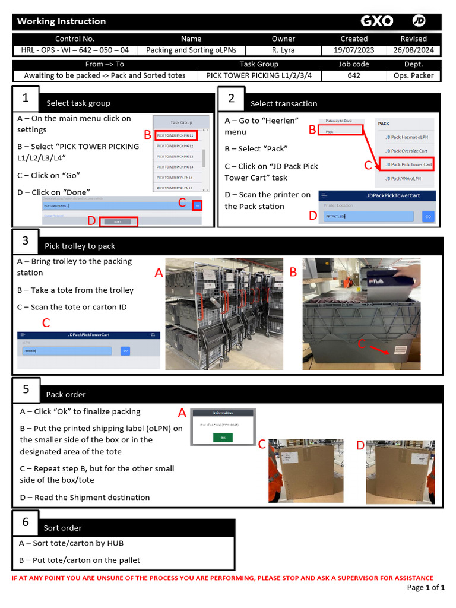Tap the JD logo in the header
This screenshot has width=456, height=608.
(x=419, y=21)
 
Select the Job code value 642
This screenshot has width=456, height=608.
(x=354, y=75)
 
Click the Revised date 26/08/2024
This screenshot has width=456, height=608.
(x=413, y=50)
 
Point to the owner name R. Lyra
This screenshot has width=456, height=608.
(x=283, y=50)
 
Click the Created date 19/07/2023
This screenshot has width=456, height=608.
(x=354, y=50)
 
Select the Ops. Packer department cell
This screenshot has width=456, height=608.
(x=413, y=75)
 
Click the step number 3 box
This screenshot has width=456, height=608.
(x=26, y=240)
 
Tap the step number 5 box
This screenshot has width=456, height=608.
(x=26, y=389)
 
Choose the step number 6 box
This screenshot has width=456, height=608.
(x=26, y=522)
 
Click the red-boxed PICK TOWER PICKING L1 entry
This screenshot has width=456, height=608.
(x=176, y=135)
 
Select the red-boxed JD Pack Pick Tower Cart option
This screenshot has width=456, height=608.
(x=408, y=164)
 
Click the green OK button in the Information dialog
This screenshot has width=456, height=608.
(x=223, y=437)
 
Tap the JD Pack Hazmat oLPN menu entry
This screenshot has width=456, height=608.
(x=406, y=137)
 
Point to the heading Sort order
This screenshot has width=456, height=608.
(x=63, y=528)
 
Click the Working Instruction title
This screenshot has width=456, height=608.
(x=61, y=21)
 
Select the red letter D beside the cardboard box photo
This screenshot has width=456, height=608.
(x=360, y=445)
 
